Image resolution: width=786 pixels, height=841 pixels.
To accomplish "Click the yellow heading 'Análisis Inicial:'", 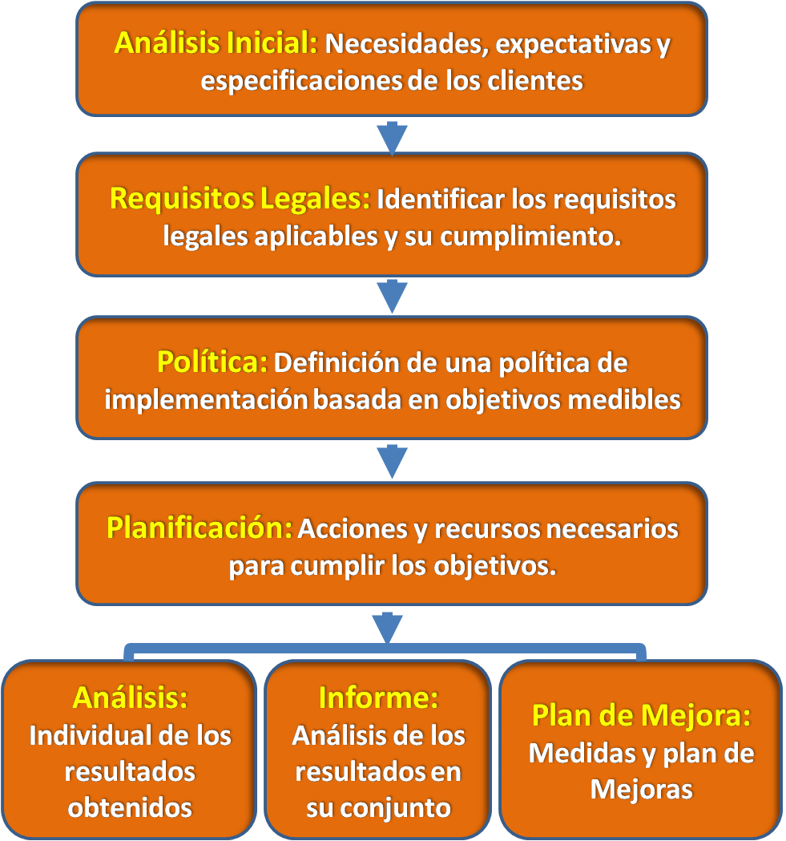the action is [216, 43].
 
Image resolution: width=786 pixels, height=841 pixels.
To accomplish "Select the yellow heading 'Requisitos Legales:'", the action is [240, 199].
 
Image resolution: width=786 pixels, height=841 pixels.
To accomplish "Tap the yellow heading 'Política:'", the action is [212, 362].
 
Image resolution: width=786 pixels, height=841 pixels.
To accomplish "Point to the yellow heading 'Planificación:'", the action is [199, 528].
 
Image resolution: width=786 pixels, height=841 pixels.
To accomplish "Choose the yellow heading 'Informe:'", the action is [378, 697].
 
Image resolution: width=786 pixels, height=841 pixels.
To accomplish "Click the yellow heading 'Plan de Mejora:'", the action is [641, 715].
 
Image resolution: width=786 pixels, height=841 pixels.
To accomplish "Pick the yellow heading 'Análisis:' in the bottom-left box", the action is [131, 697].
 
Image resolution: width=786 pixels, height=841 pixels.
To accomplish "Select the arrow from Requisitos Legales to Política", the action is [393, 296].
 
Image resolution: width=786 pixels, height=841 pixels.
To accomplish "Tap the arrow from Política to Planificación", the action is [393, 461].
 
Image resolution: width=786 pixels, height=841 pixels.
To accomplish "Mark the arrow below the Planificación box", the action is [388, 626].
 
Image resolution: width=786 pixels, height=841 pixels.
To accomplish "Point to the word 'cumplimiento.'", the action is [530, 237].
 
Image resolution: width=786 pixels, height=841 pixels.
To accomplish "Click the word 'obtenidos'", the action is [130, 808].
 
